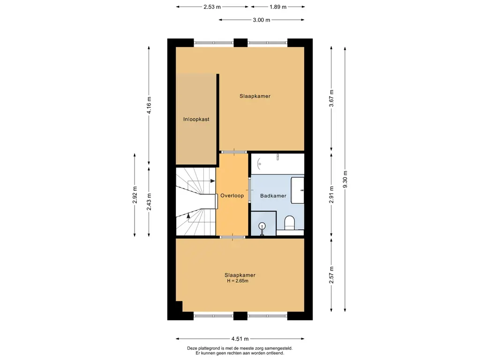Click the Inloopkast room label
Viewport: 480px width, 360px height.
coord(196,120)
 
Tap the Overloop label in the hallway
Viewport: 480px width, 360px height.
coord(232,195)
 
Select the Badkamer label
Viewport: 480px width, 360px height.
coord(273,195)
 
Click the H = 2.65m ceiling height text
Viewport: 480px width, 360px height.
coord(238,281)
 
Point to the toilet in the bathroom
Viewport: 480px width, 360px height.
coord(289,223)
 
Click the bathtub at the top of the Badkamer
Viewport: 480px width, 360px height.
coord(277,164)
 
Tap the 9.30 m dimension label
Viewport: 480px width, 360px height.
coord(345,180)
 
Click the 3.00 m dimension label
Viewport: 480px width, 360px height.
coord(262,20)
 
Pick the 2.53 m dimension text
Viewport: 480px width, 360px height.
coord(212,7)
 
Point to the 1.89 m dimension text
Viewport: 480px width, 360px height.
coord(278,7)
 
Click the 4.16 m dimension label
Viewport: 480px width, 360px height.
coord(149,105)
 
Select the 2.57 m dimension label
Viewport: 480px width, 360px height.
coord(331,275)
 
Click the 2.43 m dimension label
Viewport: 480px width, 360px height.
coord(149,202)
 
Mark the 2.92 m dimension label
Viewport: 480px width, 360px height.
coord(135,195)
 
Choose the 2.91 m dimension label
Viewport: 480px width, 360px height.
coord(331,195)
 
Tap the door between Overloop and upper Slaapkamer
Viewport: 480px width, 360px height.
coord(234,152)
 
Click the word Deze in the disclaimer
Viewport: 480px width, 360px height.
coord(192,348)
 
